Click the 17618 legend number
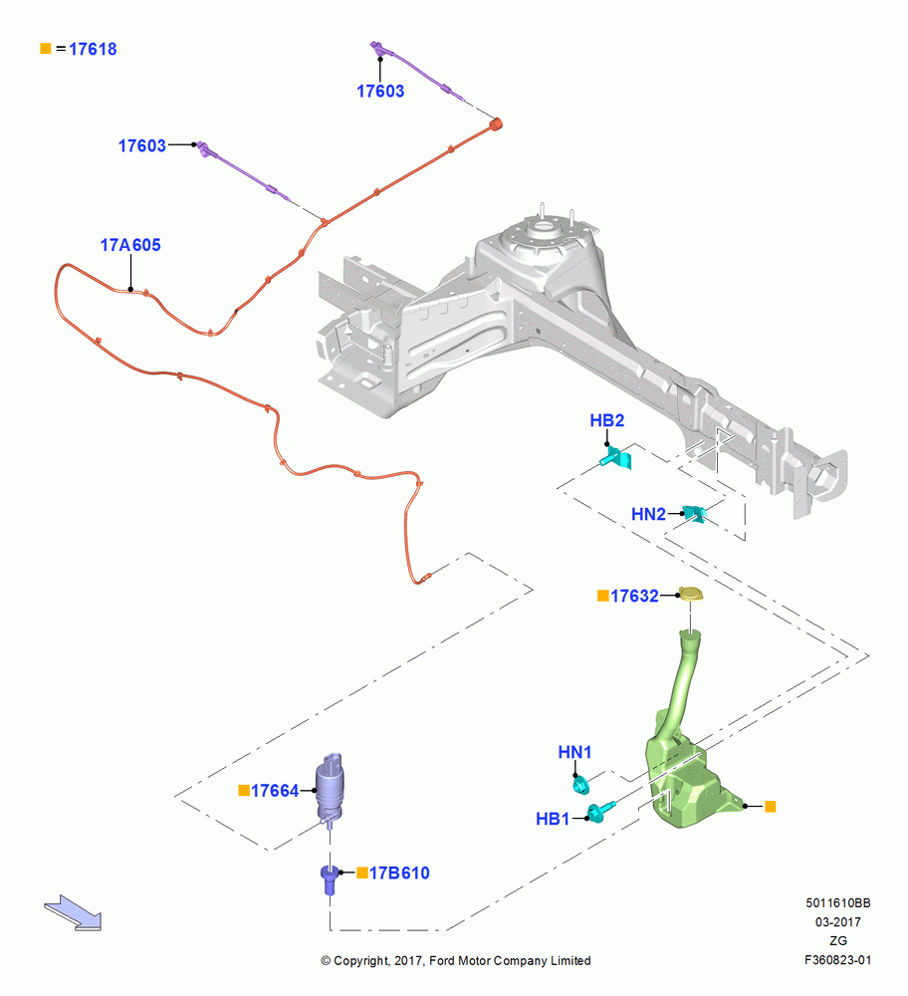(93, 49)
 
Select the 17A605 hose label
(130, 245)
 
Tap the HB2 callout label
(607, 420)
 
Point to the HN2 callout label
(648, 514)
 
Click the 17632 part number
(634, 596)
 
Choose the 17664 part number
(275, 791)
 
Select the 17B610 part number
(399, 873)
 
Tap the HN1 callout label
(574, 752)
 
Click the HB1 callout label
(553, 820)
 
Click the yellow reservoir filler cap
(691, 595)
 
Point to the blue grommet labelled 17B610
(329, 879)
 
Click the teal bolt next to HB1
(600, 811)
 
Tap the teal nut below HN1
(581, 785)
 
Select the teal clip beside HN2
(695, 513)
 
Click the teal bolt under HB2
(616, 457)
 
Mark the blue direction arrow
(73, 912)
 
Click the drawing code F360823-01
(837, 960)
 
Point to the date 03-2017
(838, 921)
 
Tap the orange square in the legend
(45, 48)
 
